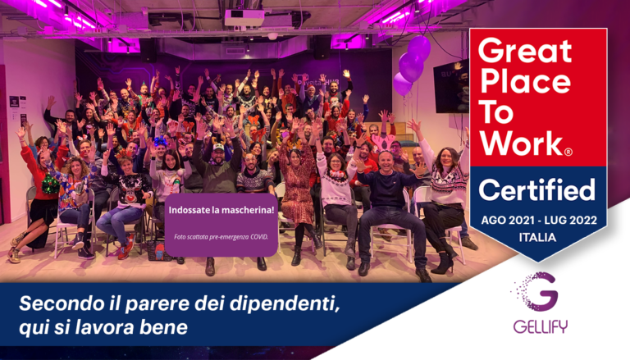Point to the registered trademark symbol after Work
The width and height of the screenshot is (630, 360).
click(568, 153)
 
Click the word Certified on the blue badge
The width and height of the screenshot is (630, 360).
click(537, 190)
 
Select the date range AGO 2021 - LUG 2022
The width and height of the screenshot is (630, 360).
click(537, 220)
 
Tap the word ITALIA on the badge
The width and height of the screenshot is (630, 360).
click(537, 236)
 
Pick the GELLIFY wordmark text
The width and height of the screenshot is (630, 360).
click(540, 327)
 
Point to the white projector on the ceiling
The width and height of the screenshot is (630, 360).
click(244, 16)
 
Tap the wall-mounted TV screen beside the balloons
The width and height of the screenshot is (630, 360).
click(451, 86)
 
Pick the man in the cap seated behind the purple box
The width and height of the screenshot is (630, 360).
click(217, 168)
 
